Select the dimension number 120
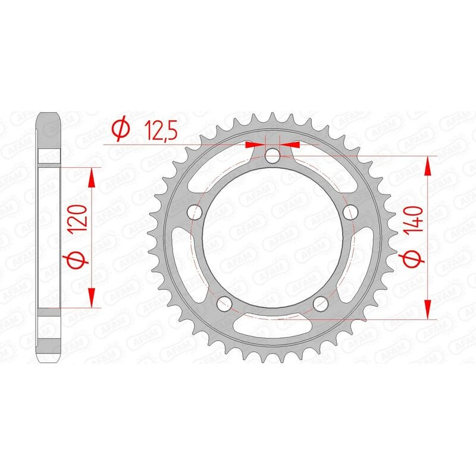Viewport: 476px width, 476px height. [x=82, y=218]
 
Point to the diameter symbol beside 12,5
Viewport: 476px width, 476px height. [x=120, y=129]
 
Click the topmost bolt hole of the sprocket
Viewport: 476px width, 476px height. [x=273, y=156]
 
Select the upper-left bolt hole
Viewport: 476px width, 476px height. [x=194, y=212]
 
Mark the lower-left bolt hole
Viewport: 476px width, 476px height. [x=224, y=305]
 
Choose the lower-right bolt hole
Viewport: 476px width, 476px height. [x=321, y=305]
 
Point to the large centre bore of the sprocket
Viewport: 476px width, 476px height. [x=273, y=238]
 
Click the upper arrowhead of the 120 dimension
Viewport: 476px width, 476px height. [x=92, y=176]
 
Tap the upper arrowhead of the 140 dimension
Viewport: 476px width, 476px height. [x=427, y=167]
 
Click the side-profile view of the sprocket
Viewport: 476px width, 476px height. [x=50, y=238]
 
